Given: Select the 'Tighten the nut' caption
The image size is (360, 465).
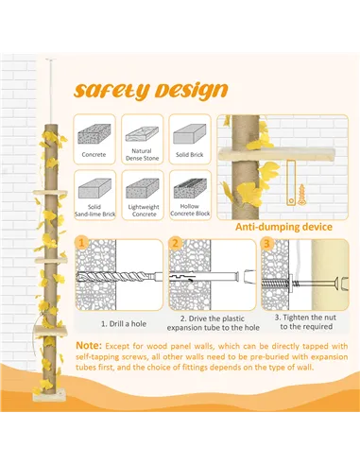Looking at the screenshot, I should click(304, 322).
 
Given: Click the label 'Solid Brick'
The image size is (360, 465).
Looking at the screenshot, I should click(191, 153).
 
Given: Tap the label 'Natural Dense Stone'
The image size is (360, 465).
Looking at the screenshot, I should click(143, 155).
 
